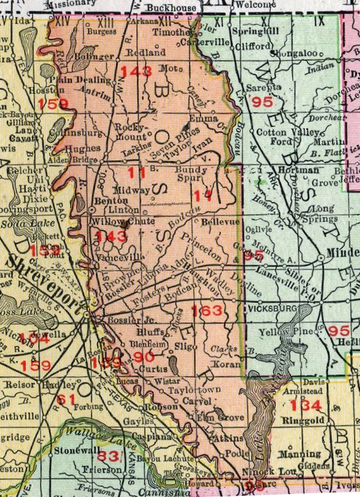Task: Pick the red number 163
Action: coord(206,311)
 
